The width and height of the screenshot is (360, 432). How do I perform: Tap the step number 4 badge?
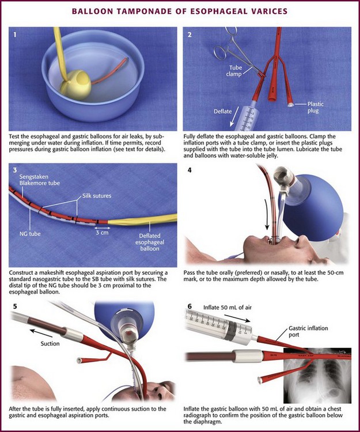191,172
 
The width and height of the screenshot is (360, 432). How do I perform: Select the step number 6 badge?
191,305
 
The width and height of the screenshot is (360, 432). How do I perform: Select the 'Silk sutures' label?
97,195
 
